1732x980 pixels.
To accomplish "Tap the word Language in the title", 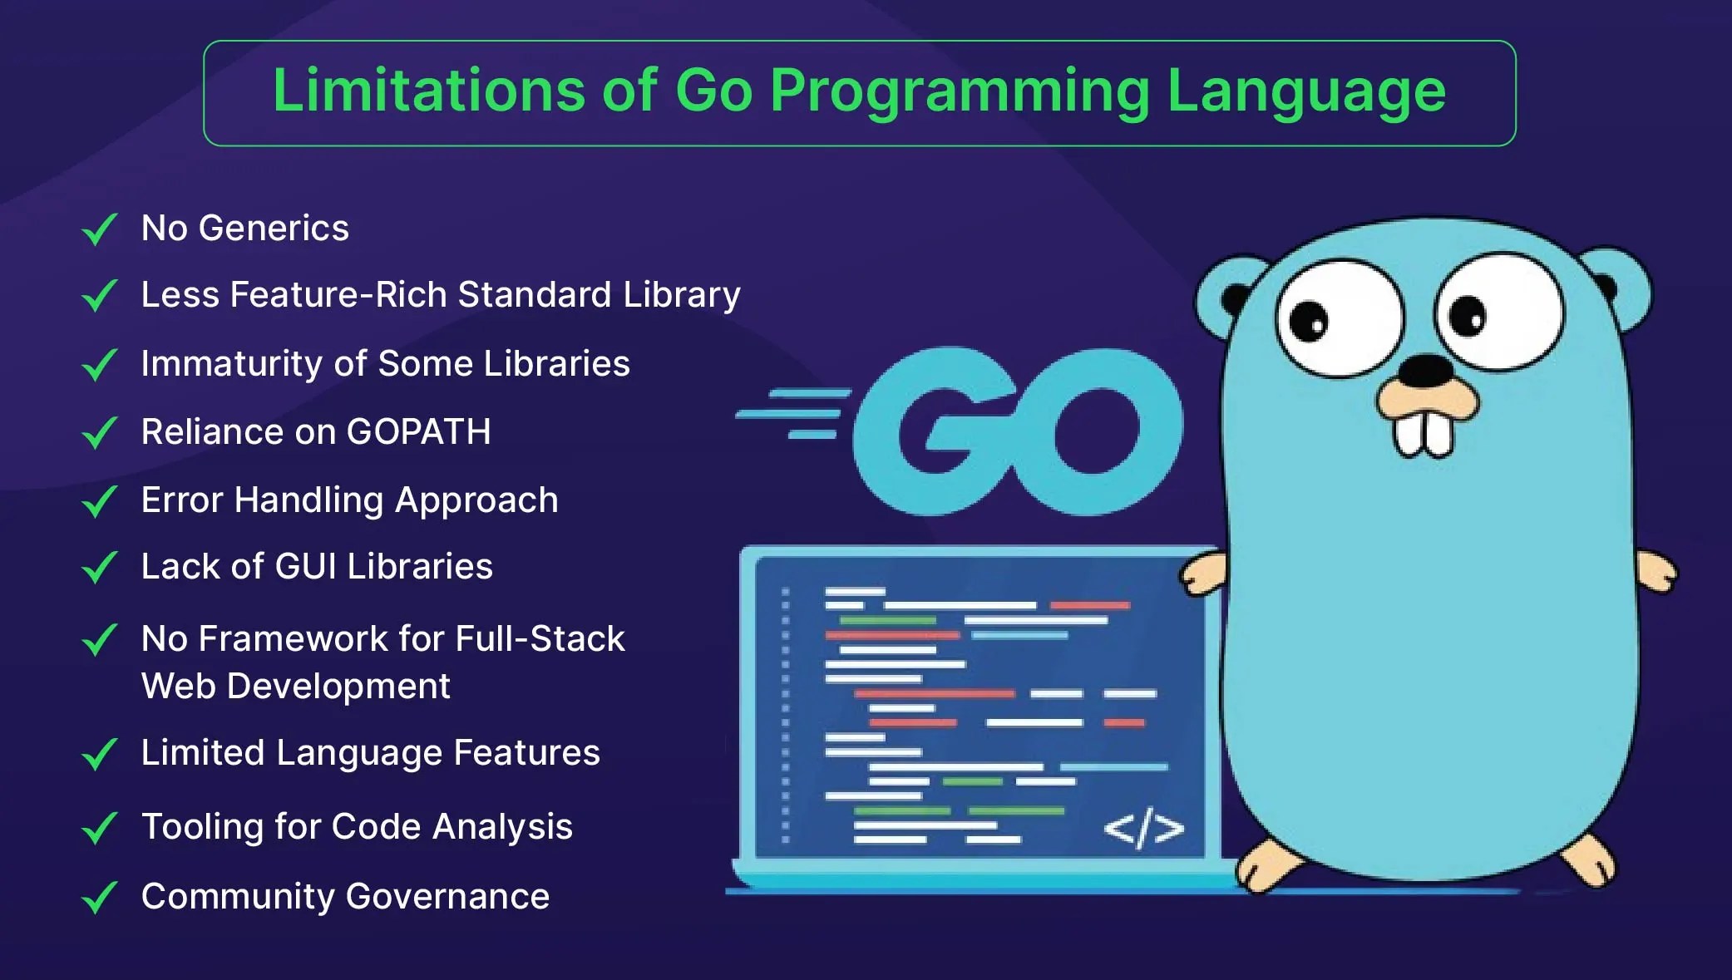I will pyautogui.click(x=1306, y=91).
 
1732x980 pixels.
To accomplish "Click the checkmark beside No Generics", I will pyautogui.click(x=99, y=229).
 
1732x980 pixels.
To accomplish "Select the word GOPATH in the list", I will pyautogui.click(x=418, y=431).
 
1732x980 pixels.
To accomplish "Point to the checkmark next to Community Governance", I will pyautogui.click(x=99, y=898).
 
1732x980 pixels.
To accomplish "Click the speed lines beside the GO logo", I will pyautogui.click(x=794, y=413).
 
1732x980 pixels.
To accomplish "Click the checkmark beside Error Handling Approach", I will pyautogui.click(x=99, y=501).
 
